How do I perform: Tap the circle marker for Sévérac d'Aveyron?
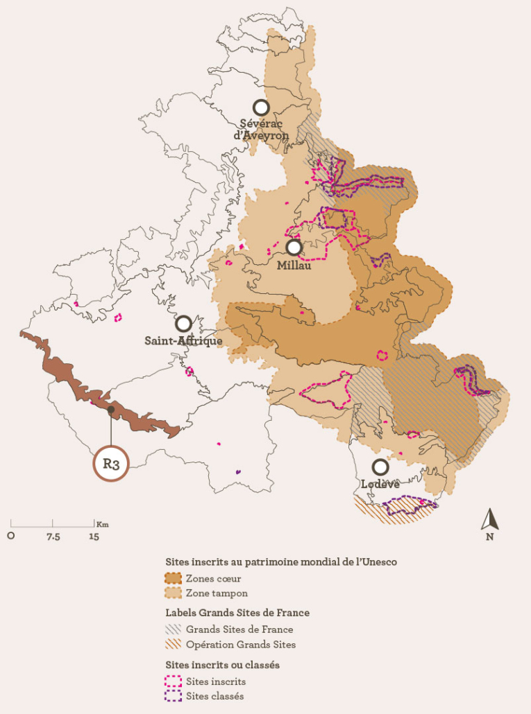(261, 107)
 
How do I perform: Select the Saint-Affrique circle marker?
(184, 324)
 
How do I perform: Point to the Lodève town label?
(380, 484)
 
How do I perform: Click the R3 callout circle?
(111, 464)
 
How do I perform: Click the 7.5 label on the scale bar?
(53, 537)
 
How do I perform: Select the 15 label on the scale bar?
(94, 537)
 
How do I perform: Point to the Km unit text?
(103, 524)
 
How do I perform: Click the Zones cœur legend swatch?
(173, 578)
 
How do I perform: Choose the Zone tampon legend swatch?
(173, 593)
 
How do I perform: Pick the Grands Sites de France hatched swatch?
(173, 629)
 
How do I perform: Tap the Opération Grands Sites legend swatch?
(173, 645)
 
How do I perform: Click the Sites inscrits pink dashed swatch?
(173, 681)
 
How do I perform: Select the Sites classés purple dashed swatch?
(173, 696)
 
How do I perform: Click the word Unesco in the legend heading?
(378, 562)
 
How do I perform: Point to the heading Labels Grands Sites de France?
(237, 613)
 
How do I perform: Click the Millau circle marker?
(294, 247)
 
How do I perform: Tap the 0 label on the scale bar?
(11, 537)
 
